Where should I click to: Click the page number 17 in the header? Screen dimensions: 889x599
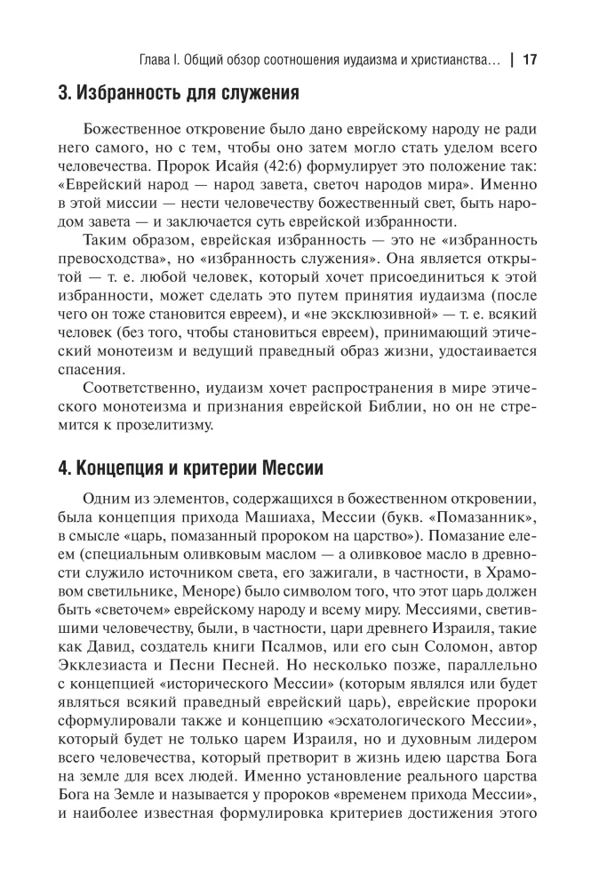531,60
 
